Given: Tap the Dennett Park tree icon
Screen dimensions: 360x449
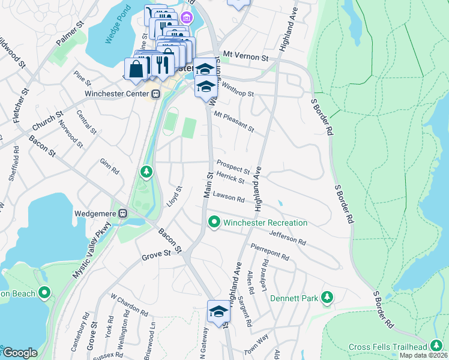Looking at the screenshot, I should tap(327, 297).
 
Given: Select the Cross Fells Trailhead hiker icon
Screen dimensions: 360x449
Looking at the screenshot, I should tap(436, 347).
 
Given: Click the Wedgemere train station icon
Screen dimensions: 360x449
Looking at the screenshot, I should tap(123, 213).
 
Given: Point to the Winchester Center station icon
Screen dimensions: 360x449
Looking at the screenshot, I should tap(155, 94).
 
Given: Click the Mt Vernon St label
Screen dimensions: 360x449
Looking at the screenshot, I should tap(245, 56).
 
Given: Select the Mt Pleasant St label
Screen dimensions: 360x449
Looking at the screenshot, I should tap(234, 122).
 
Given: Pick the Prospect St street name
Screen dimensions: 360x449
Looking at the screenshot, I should tap(233, 166).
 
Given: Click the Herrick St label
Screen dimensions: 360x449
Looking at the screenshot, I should tap(231, 177).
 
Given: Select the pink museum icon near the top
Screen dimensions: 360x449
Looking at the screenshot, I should tap(188, 18).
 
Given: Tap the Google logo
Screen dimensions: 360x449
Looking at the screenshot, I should tap(20, 353).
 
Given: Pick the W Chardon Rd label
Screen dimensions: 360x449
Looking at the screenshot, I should tap(129, 304).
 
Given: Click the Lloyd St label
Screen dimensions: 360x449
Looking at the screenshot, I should tap(175, 196).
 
